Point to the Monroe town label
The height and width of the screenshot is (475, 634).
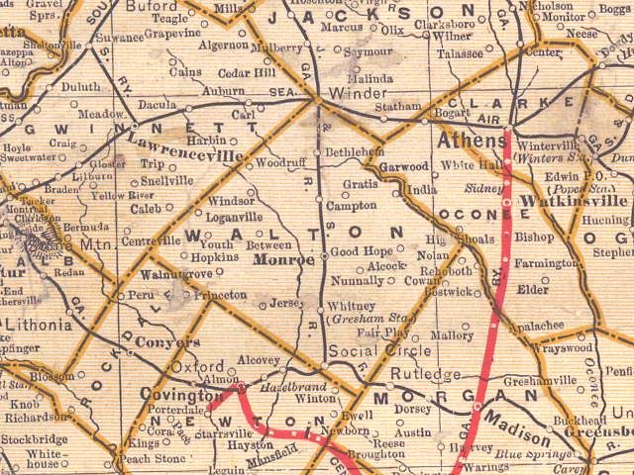pyautogui.click(x=283, y=259)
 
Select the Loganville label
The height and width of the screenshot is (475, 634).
pyautogui.click(x=234, y=217)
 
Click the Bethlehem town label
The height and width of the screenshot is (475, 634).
pyautogui.click(x=354, y=151)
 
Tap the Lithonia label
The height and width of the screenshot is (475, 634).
pyautogui.click(x=36, y=324)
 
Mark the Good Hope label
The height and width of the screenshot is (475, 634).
pyautogui.click(x=361, y=251)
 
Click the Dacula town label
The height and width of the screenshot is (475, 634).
pyautogui.click(x=158, y=103)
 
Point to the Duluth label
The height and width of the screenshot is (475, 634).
pyautogui.click(x=80, y=86)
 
